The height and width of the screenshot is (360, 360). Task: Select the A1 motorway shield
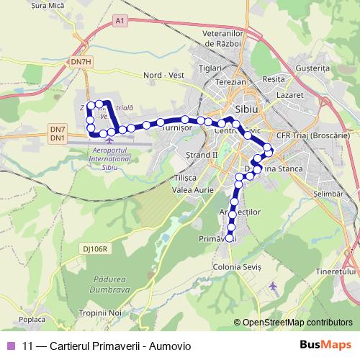click(119, 22)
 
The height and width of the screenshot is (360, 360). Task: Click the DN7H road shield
click(81, 62)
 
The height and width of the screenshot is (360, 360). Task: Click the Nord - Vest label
click(164, 75)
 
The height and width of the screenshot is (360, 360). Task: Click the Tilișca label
click(186, 177)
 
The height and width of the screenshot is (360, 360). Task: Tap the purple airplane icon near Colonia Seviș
click(272, 287)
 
